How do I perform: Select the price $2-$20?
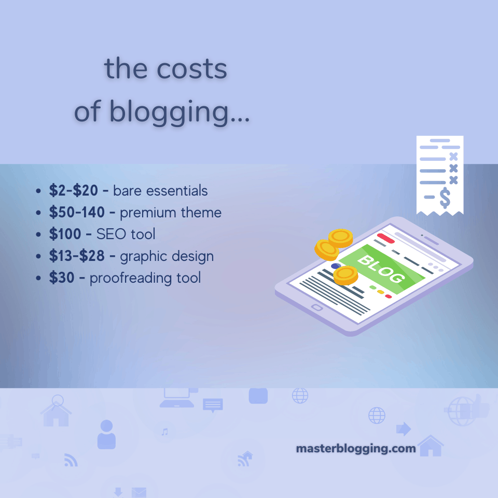73,191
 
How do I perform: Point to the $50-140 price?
77,213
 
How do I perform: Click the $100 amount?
65,234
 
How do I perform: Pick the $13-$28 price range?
77,256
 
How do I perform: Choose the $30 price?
62,278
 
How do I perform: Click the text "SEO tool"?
126,234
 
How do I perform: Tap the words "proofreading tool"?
145,278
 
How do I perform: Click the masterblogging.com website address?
356,448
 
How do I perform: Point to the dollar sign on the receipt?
445,197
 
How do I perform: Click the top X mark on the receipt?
453,156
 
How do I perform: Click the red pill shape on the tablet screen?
385,239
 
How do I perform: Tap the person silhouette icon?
106,435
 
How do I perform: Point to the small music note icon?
165,432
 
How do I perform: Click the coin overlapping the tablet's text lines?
345,274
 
